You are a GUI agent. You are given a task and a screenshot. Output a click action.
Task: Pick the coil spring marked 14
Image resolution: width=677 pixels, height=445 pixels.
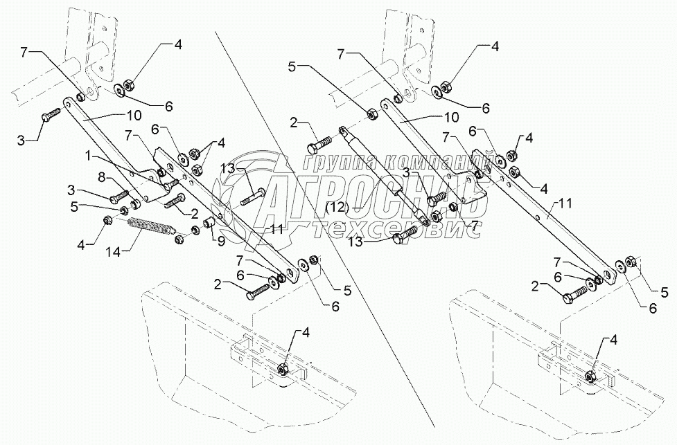point(152,227)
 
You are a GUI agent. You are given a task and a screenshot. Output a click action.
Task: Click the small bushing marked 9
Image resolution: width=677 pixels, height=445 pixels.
point(206,226)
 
